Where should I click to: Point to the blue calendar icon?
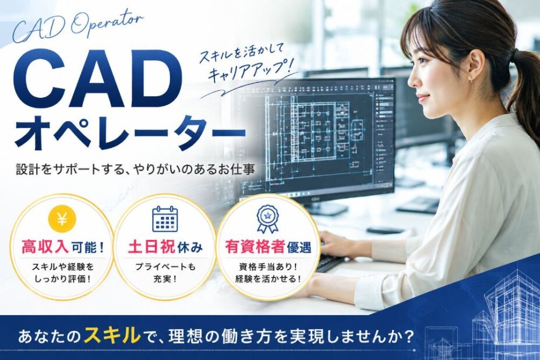pyautogui.click(x=165, y=219)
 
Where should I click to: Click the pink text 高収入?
pyautogui.click(x=45, y=248)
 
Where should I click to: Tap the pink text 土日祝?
pyautogui.click(x=151, y=248)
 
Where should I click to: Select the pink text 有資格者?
pyautogui.click(x=255, y=246)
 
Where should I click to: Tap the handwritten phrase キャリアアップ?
pyautogui.click(x=253, y=71)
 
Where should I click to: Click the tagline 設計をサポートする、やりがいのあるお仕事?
pyautogui.click(x=136, y=170)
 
